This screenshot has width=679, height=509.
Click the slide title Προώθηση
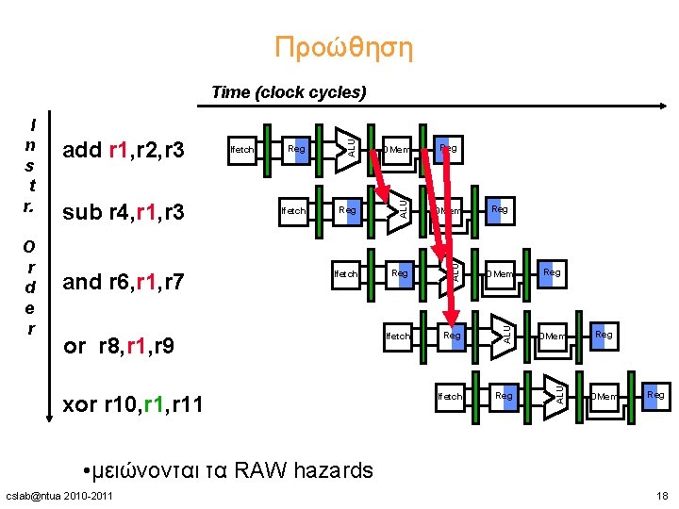click(343, 47)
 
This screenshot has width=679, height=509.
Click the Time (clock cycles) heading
click(288, 92)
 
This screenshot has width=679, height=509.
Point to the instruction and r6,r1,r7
click(123, 281)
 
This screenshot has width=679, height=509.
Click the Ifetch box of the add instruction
click(242, 149)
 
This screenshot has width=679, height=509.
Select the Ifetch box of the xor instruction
click(450, 396)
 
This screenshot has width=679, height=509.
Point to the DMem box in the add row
click(396, 149)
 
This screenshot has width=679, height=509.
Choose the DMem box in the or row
click(552, 336)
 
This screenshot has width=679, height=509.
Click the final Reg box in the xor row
click(655, 395)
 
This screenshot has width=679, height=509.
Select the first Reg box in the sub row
click(347, 210)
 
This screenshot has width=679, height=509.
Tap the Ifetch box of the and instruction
click(346, 273)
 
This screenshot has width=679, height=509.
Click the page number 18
click(661, 496)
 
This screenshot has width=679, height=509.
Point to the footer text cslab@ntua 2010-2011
click(59, 496)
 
